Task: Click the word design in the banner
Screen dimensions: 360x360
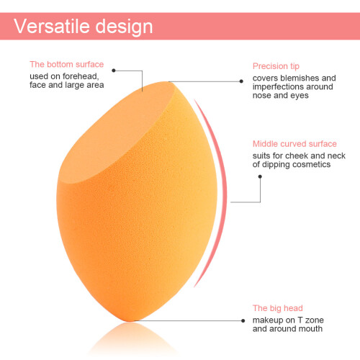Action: point(124,27)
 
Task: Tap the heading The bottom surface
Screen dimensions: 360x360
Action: point(67,64)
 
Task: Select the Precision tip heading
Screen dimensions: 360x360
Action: point(276,66)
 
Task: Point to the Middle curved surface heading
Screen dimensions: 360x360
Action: point(294,144)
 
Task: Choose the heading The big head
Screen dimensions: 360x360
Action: point(278,308)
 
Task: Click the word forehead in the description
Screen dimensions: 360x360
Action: point(81,76)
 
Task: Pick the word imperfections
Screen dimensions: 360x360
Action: point(278,87)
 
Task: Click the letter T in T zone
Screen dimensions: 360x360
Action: point(300,320)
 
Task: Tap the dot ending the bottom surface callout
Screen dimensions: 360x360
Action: point(114,71)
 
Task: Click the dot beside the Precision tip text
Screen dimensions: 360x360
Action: point(241,81)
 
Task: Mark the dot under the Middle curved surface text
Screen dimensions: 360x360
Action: point(260,176)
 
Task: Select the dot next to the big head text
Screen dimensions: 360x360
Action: point(243,320)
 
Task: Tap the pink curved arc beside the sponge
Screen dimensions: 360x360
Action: point(225,192)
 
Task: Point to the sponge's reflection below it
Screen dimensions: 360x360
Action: point(132,338)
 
